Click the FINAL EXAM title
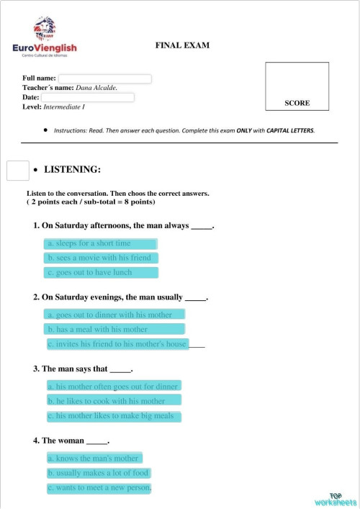click(182, 45)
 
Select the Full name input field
click(104, 78)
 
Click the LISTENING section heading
click(72, 170)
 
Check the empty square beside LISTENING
click(17, 170)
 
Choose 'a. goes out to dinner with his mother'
click(114, 315)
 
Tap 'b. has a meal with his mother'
click(114, 329)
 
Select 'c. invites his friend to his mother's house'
click(117, 344)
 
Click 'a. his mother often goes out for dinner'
click(113, 386)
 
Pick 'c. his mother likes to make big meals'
click(113, 416)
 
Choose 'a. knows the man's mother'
click(94, 458)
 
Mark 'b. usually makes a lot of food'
click(99, 473)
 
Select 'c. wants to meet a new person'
click(99, 488)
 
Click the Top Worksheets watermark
click(336, 498)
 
